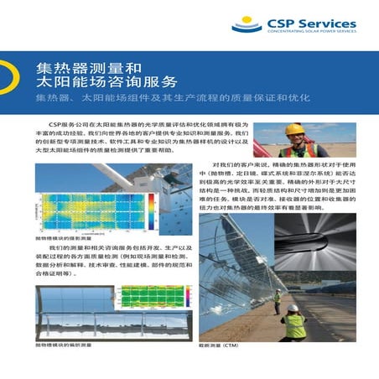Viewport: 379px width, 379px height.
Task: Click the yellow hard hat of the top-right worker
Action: pos(294,128)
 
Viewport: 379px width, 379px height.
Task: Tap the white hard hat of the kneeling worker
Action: pos(293,308)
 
